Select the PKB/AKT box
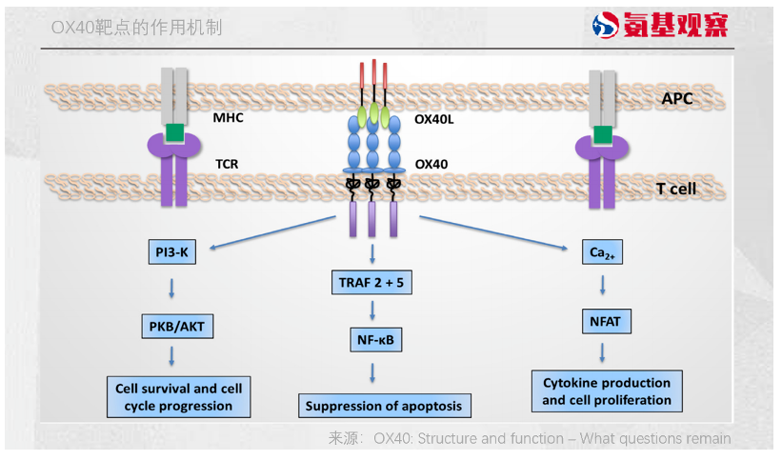tap(172, 327)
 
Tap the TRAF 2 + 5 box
tap(372, 282)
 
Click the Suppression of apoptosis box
tap(383, 406)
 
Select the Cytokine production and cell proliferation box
tap(607, 391)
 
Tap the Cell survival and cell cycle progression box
tap(179, 397)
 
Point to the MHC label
tap(229, 119)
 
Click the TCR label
tap(227, 164)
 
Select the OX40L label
tap(434, 119)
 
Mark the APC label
tap(677, 98)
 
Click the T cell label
tap(675, 189)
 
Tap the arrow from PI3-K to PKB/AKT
tap(171, 288)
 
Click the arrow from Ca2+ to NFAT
tap(602, 287)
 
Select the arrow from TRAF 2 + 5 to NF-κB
tap(372, 310)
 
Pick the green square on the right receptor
tap(602, 133)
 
